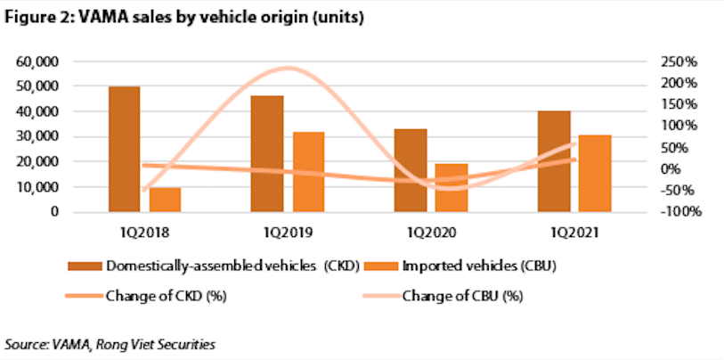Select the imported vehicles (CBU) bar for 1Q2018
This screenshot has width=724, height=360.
pyautogui.click(x=166, y=200)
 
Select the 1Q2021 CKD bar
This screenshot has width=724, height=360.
pyautogui.click(x=554, y=161)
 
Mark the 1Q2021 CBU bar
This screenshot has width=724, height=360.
pyautogui.click(x=596, y=174)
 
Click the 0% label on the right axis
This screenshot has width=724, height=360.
pyautogui.click(x=686, y=169)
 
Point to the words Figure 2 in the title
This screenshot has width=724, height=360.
pyautogui.click(x=35, y=17)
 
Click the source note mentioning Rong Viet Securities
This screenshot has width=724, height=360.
pyautogui.click(x=111, y=343)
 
